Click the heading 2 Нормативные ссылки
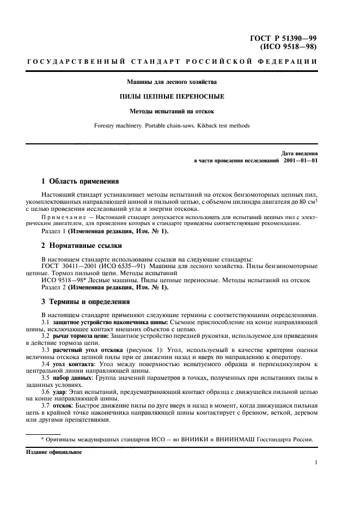[82, 246]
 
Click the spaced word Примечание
[64, 217]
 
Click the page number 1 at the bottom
[316, 463]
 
